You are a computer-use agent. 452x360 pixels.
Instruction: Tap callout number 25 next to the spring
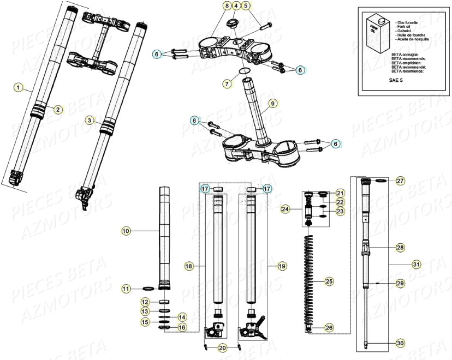[x=328, y=281]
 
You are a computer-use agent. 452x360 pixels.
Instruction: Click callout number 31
[x=417, y=264]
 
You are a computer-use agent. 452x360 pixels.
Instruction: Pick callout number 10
[x=126, y=231]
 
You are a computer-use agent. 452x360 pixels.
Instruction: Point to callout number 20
[x=222, y=348]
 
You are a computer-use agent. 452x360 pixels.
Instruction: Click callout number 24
[x=285, y=208]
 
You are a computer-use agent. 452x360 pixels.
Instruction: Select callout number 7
[x=227, y=84]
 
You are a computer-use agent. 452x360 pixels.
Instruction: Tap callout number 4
[x=236, y=5]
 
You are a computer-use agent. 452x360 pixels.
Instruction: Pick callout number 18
[x=189, y=266]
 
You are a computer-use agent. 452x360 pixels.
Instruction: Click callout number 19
[x=281, y=266]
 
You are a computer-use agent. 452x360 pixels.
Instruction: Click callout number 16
[x=182, y=327]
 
